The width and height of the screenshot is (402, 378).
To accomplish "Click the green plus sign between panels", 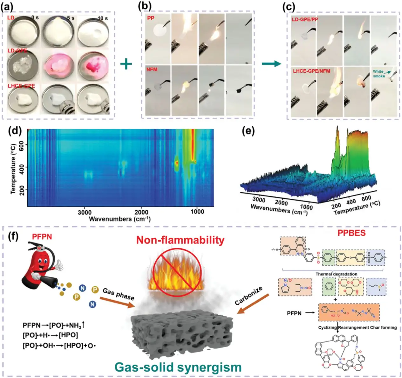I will [x=126, y=64].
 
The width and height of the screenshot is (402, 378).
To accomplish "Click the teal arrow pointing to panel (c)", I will [x=271, y=64].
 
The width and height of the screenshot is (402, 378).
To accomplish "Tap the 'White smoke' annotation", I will [x=378, y=74].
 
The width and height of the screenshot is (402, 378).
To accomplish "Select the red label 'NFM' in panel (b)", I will [x=152, y=70].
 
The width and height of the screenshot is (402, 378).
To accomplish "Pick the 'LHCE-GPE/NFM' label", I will [x=311, y=71].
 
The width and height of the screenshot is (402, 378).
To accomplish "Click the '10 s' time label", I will [x=102, y=18].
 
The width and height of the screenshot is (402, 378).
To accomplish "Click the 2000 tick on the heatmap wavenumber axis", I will [x=141, y=212].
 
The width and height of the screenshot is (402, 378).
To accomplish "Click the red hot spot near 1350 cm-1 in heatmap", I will [x=177, y=163].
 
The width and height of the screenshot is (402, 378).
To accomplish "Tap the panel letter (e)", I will [x=248, y=131].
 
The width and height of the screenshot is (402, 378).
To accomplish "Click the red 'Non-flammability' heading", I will [x=180, y=240].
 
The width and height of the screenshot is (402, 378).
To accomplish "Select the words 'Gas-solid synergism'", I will [x=178, y=367].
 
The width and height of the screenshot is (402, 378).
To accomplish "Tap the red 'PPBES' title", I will [x=351, y=233].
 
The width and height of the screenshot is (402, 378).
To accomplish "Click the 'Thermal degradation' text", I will [x=336, y=274].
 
